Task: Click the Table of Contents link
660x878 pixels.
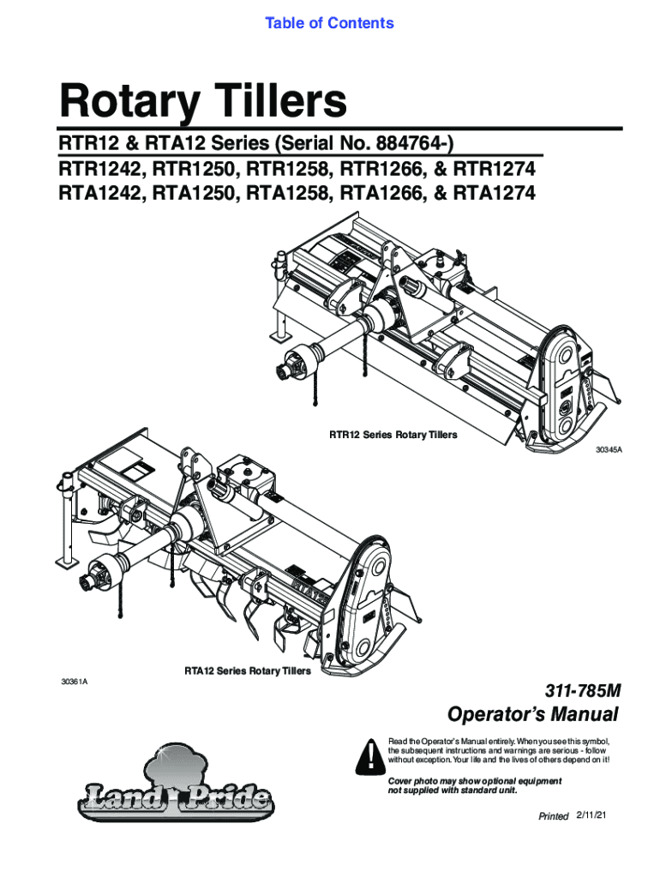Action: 329,23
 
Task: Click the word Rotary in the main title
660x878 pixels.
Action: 129,102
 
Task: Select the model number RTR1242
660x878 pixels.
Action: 102,168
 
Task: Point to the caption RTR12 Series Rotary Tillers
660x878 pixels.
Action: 393,435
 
